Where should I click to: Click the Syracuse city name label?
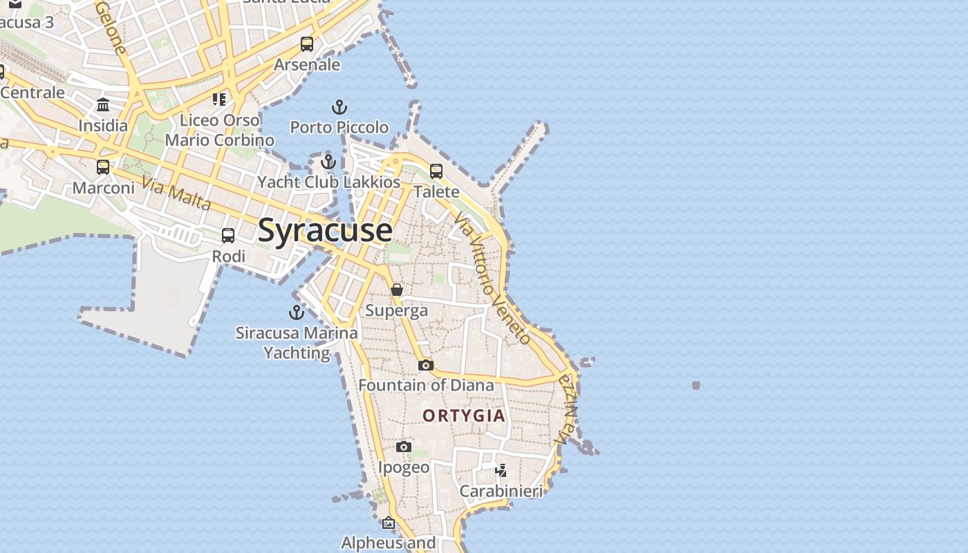pyautogui.click(x=325, y=230)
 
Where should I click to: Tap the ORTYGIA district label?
pyautogui.click(x=464, y=415)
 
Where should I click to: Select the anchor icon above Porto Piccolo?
pyautogui.click(x=339, y=107)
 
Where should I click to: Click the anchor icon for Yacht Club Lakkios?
pyautogui.click(x=328, y=162)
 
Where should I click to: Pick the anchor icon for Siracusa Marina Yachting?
pyautogui.click(x=297, y=312)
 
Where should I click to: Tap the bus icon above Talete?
pyautogui.click(x=436, y=171)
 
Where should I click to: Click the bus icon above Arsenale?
pyautogui.click(x=307, y=44)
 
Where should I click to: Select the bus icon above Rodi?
pyautogui.click(x=228, y=236)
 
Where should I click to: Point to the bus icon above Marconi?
pyautogui.click(x=103, y=167)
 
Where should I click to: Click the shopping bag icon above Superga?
pyautogui.click(x=397, y=290)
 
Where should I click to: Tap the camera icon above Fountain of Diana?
pyautogui.click(x=426, y=365)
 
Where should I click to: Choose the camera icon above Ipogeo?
pyautogui.click(x=404, y=447)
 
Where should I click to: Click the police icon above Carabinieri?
pyautogui.click(x=501, y=471)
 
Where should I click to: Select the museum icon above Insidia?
pyautogui.click(x=103, y=105)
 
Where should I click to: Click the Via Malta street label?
pyautogui.click(x=176, y=193)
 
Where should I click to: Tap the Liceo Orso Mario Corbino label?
pyautogui.click(x=219, y=130)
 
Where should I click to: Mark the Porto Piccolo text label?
pyautogui.click(x=339, y=127)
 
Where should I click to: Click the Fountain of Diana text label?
pyautogui.click(x=426, y=385)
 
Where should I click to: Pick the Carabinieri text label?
pyautogui.click(x=501, y=491)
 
